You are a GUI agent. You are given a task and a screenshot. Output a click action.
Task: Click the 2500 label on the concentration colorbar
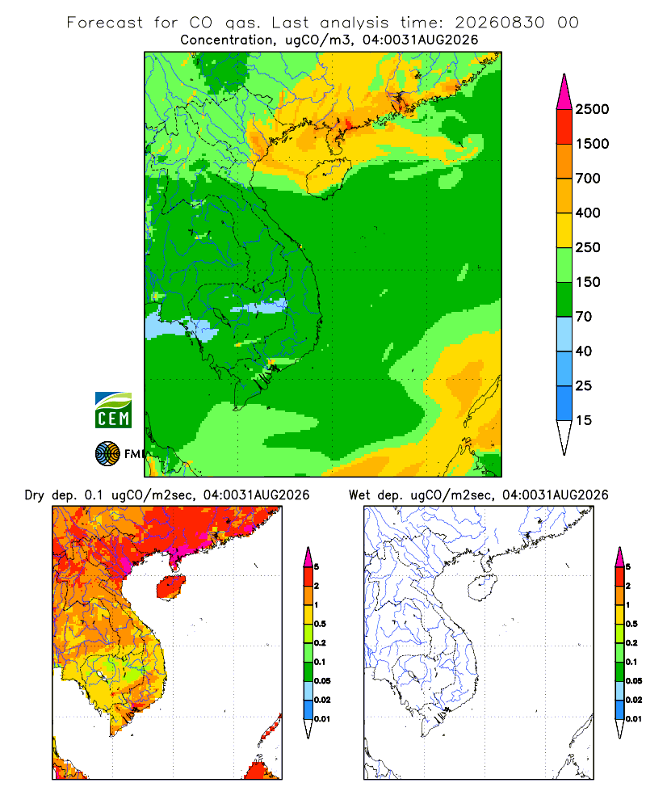click(x=592, y=109)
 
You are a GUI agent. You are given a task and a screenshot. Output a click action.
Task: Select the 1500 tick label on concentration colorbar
click(x=592, y=144)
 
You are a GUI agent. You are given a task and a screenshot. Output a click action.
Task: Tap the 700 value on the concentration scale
click(x=588, y=179)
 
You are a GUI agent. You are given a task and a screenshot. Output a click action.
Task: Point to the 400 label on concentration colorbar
click(x=588, y=213)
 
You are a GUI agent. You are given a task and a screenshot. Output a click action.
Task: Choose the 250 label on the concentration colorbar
click(x=588, y=247)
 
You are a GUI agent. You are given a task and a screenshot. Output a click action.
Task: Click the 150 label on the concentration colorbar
click(x=588, y=282)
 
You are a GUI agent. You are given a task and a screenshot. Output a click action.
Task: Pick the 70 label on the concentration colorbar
click(x=584, y=317)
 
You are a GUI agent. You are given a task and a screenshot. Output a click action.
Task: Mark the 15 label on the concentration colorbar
click(x=584, y=420)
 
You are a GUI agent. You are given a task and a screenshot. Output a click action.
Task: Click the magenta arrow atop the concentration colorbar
click(x=564, y=92)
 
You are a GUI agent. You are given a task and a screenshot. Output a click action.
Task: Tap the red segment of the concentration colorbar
click(x=564, y=127)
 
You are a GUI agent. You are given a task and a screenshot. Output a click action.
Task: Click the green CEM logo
click(x=113, y=410)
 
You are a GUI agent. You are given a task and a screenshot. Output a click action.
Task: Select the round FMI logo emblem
click(x=107, y=453)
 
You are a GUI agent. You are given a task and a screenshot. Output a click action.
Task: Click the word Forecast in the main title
click(x=105, y=23)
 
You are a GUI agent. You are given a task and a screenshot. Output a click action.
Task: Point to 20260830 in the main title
click(x=499, y=23)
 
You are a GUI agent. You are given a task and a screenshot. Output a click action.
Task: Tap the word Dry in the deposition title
click(x=34, y=495)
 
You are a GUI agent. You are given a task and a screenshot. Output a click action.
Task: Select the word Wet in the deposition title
click(x=359, y=495)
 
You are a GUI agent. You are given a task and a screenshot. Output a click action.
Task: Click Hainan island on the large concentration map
click(x=328, y=177)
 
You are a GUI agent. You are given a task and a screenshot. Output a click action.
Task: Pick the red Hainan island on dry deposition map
click(x=170, y=587)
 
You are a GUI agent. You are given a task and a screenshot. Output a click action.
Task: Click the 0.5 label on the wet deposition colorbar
click(x=632, y=624)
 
